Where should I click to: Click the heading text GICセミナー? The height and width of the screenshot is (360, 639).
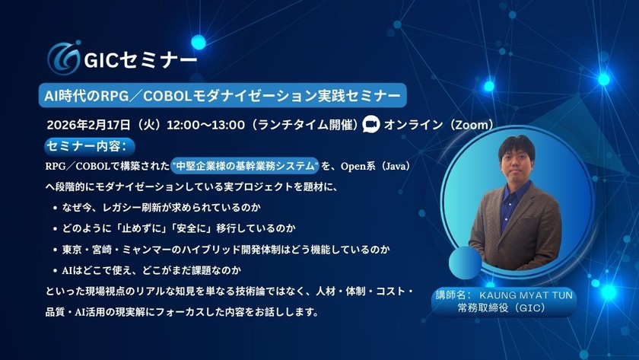133,59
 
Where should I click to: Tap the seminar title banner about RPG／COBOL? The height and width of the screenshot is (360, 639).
220,95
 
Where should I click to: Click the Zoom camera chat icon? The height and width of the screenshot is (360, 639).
371,124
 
